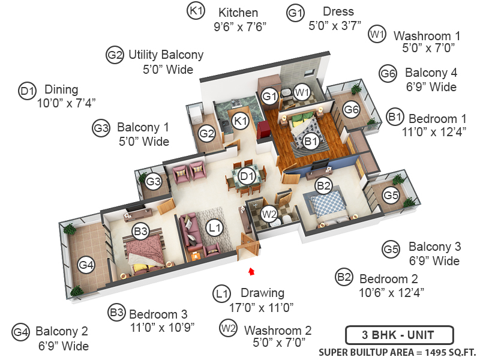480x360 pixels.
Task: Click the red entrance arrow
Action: tap(251, 271)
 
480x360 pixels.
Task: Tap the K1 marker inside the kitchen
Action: tap(240, 121)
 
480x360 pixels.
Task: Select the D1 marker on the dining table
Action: tap(247, 176)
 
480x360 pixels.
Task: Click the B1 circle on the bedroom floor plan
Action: tap(311, 141)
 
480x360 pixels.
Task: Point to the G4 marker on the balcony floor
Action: tap(86, 265)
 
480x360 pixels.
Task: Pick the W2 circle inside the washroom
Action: tap(269, 214)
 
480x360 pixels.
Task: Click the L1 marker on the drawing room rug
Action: tap(214, 228)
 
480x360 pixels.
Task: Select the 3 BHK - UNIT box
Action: tap(399, 335)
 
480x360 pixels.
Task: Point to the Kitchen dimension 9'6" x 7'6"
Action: tap(240, 27)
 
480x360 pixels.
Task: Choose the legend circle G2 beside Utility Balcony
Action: tap(115, 55)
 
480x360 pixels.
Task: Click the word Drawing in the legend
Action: tap(262, 293)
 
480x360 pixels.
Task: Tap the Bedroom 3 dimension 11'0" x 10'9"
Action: tap(162, 328)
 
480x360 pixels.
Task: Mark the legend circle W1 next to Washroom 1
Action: tap(377, 34)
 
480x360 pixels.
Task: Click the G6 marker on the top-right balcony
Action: tap(351, 109)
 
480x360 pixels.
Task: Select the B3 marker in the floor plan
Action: tap(141, 231)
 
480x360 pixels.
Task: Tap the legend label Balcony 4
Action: tap(431, 73)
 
